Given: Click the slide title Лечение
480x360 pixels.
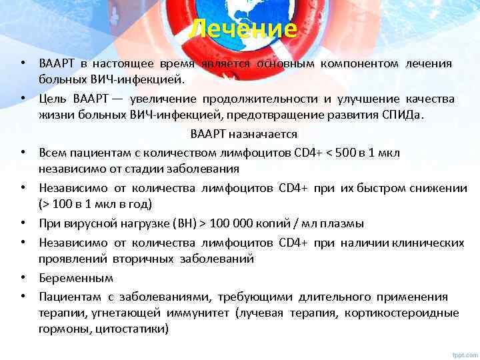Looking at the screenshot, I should coord(241,29).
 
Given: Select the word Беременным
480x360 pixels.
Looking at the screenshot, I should coord(75,278).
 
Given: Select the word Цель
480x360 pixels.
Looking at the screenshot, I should coord(51,99).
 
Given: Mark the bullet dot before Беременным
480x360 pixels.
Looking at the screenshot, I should coord(23,278).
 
